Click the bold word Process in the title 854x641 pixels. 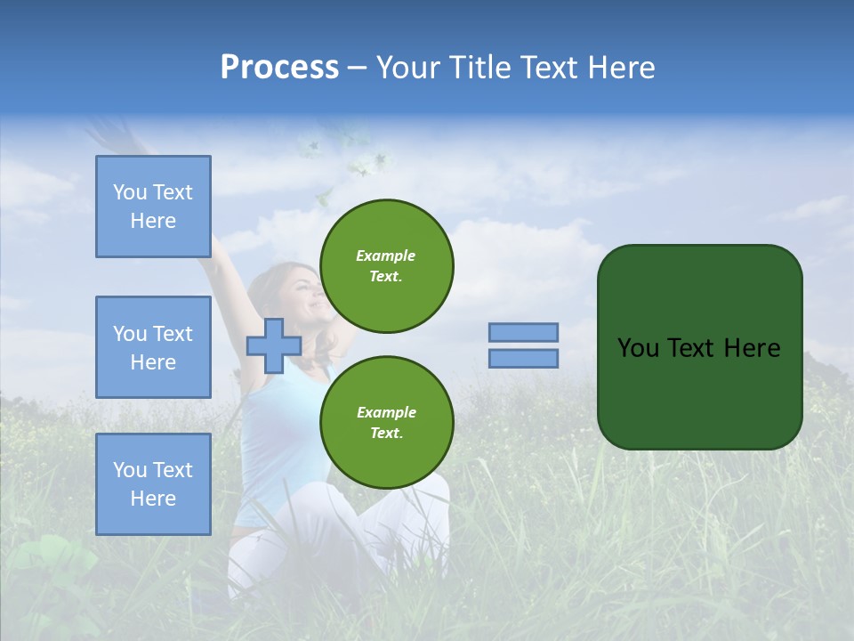click(279, 68)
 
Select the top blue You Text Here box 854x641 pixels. click(153, 207)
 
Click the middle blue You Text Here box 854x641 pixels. click(153, 347)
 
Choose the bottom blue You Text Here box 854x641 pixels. click(153, 484)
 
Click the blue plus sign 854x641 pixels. click(273, 345)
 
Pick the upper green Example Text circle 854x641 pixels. click(386, 266)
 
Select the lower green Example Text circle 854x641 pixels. click(386, 423)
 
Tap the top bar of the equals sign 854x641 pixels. click(523, 332)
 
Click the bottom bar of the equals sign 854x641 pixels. click(523, 358)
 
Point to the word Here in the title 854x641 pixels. click(618, 68)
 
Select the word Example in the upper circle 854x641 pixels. click(386, 256)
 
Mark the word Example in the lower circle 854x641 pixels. click(386, 412)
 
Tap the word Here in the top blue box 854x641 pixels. click(153, 221)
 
